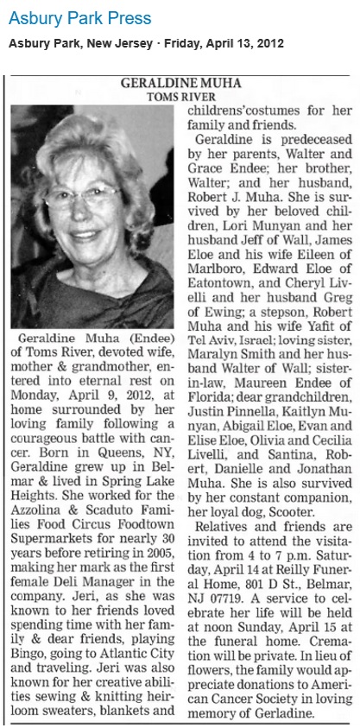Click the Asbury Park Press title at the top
[79, 17]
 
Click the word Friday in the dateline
[192, 43]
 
